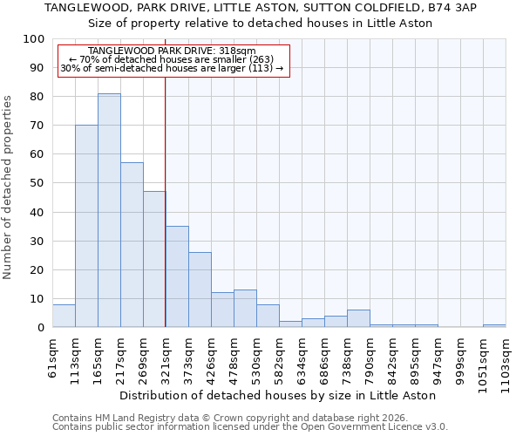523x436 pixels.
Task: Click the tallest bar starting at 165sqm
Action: (109, 210)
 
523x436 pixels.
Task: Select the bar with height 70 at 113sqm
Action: (86, 226)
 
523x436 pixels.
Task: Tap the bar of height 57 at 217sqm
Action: (132, 245)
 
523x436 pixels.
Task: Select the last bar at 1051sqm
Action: (494, 325)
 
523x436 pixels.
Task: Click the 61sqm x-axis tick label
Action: (52, 358)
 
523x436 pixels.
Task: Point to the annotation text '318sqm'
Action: (237, 51)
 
